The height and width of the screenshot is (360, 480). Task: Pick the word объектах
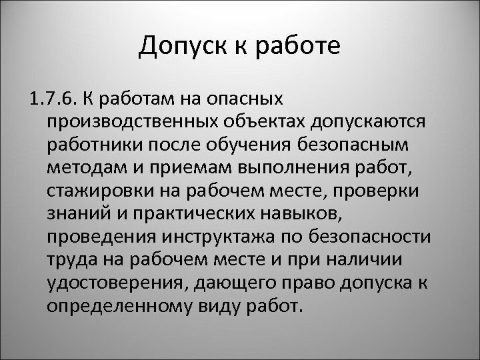click(246, 123)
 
